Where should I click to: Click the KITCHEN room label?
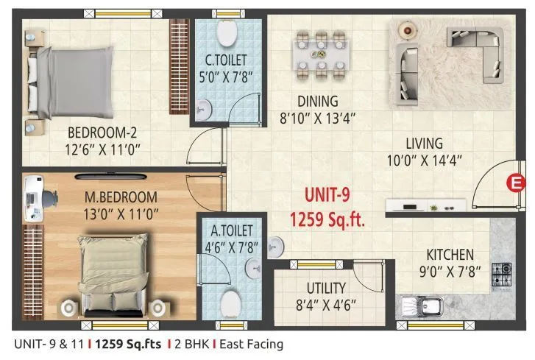[x=448, y=255]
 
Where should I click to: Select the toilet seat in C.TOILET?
[x=227, y=32]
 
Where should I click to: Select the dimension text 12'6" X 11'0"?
[x=104, y=149]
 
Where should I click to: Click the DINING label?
[x=317, y=101]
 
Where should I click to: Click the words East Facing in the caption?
[x=247, y=344]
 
